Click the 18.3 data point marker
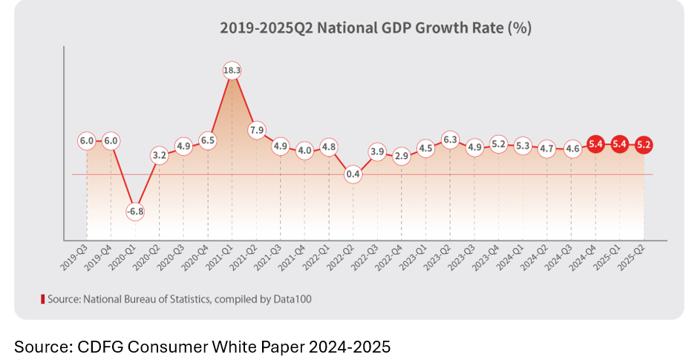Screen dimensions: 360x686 pyautogui.click(x=232, y=71)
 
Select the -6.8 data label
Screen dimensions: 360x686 pyautogui.click(x=135, y=211)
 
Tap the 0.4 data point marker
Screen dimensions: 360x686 pyautogui.click(x=353, y=174)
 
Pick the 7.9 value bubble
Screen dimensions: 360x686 pyautogui.click(x=256, y=131)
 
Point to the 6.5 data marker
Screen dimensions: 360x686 pyautogui.click(x=208, y=140)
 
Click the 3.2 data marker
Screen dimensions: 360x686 pyautogui.click(x=159, y=156)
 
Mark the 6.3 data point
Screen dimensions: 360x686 pyautogui.click(x=450, y=139)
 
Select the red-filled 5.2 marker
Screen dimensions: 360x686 pyautogui.click(x=644, y=145)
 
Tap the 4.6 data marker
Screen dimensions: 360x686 pyautogui.click(x=572, y=148)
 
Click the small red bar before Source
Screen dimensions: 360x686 pyautogui.click(x=42, y=299)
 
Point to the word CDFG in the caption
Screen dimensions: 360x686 pyautogui.click(x=94, y=346)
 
